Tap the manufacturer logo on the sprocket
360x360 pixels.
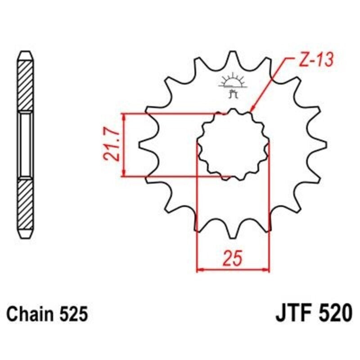tap(232, 85)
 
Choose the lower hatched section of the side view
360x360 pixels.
tap(25, 207)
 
